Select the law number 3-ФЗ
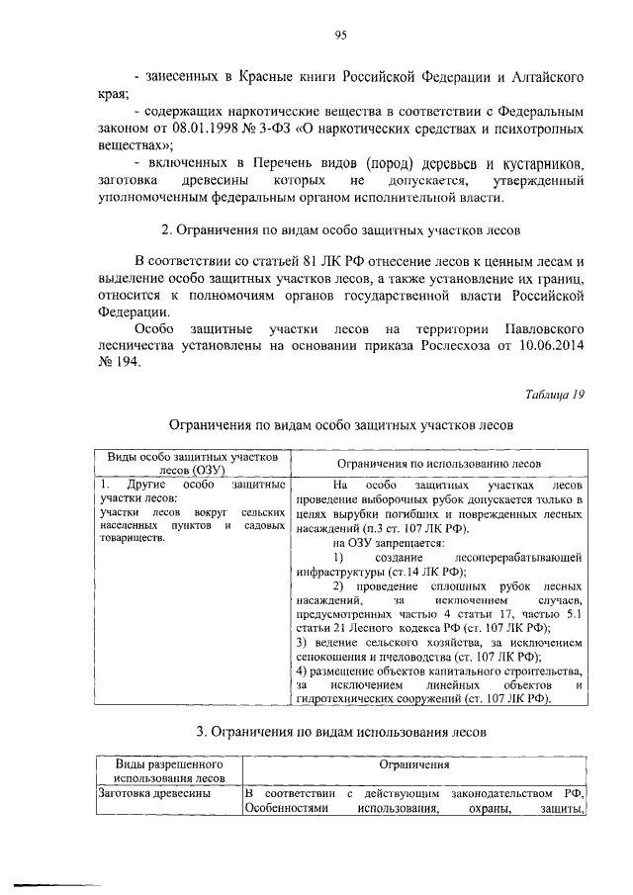[x=255, y=129]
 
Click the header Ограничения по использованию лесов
[x=438, y=463]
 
